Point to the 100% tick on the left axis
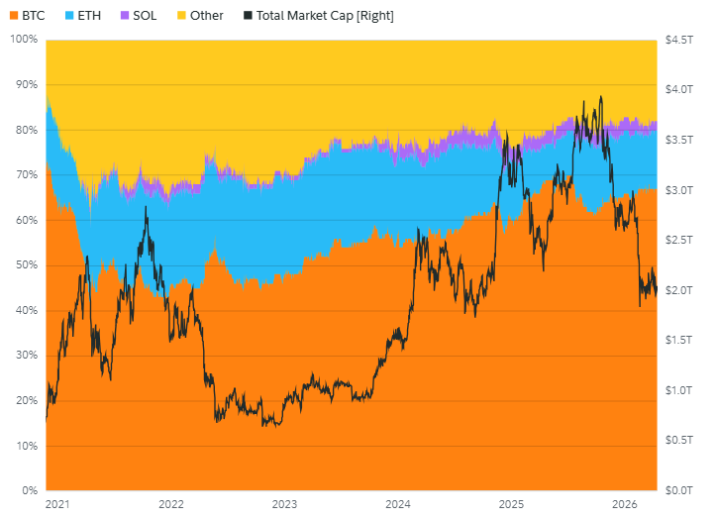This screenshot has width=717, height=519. [23, 40]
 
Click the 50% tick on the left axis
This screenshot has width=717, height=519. [26, 265]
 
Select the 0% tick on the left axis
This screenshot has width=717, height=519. [30, 490]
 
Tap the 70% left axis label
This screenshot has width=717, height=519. [26, 174]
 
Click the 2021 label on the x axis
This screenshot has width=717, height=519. [57, 504]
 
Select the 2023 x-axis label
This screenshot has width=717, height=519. [284, 504]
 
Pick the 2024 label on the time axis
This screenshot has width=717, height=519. [398, 504]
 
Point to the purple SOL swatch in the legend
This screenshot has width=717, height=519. [124, 16]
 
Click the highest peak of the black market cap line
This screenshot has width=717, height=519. [600, 97]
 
